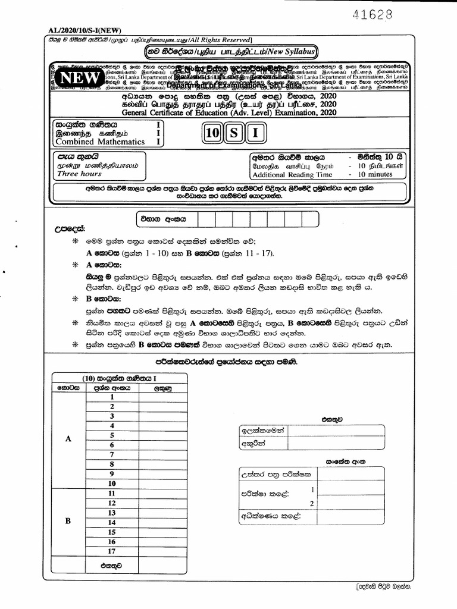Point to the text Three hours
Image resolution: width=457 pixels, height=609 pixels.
[79, 174]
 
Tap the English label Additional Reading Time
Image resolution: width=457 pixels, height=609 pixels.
[292, 175]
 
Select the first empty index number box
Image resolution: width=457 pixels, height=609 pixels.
[205, 219]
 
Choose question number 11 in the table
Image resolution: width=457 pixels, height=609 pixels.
[111, 493]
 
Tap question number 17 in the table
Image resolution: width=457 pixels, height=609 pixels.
[111, 551]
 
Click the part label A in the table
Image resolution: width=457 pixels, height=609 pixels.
[68, 439]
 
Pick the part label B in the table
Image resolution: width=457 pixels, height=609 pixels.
[68, 522]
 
